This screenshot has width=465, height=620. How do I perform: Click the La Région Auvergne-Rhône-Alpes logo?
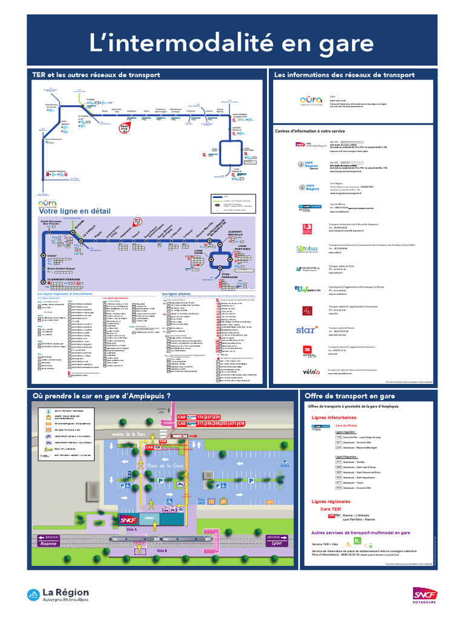(58, 595)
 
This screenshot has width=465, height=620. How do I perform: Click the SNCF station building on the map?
(128, 519)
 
